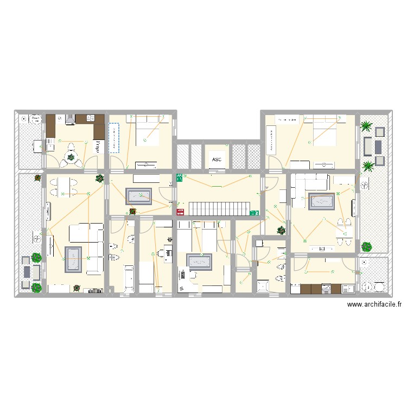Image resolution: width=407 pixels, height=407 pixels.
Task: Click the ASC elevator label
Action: (x=217, y=160)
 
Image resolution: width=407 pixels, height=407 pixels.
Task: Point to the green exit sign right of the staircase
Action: (x=253, y=213)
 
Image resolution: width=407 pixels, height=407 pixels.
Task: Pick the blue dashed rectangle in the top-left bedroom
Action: (x=114, y=137)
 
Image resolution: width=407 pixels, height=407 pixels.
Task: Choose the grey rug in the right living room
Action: (x=321, y=201)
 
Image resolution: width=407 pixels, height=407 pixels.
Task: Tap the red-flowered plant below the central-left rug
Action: (x=132, y=212)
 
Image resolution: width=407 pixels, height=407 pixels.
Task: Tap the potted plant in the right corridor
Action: (x=281, y=230)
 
